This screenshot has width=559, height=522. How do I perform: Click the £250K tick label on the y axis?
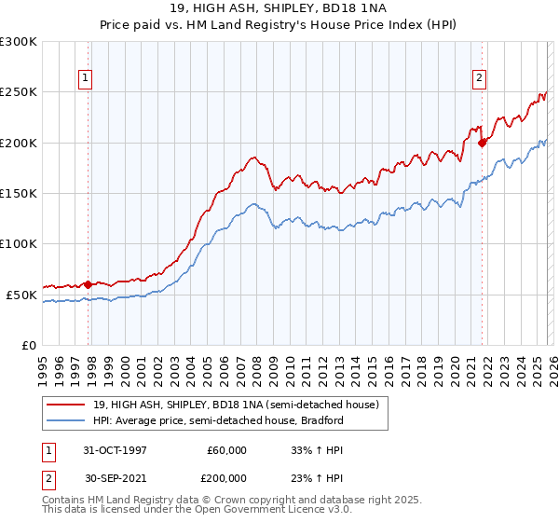(x=19, y=92)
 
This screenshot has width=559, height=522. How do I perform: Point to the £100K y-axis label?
(x=19, y=243)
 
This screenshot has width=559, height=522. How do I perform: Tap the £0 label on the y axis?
(x=29, y=345)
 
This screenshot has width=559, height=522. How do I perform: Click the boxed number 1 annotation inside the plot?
(x=85, y=79)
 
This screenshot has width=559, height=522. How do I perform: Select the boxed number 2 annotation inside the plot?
(x=479, y=79)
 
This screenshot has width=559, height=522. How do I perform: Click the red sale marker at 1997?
(x=89, y=284)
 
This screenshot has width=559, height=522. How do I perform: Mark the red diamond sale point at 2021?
(x=482, y=143)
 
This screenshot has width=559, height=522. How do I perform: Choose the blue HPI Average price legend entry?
(x=218, y=420)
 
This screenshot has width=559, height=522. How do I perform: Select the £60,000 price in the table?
(x=226, y=450)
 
